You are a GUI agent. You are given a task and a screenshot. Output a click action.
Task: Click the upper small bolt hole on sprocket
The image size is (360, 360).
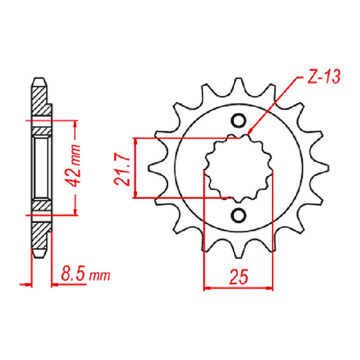238,119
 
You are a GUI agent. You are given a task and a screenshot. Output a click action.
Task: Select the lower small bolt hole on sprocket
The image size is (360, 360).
238,214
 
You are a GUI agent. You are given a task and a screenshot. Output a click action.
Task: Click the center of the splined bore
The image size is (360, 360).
238,167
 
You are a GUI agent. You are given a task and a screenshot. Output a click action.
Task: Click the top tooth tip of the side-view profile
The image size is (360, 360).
39,77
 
